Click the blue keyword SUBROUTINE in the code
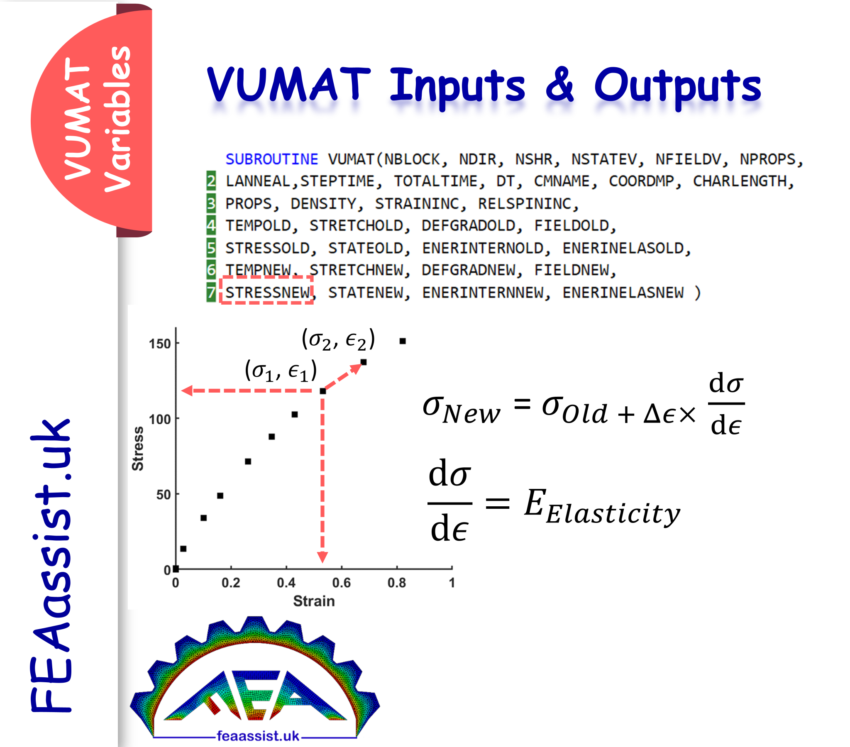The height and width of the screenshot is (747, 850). (271, 159)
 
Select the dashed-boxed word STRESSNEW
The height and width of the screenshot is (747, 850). (267, 293)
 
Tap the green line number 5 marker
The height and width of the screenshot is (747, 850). (211, 248)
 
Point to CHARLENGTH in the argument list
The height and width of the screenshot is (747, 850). (743, 181)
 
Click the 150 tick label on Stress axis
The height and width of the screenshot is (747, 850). (160, 344)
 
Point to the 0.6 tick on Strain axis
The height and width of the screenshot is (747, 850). (341, 583)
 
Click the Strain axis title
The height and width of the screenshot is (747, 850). (313, 601)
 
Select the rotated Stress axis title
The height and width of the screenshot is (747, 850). (138, 448)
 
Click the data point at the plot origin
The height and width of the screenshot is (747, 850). (176, 569)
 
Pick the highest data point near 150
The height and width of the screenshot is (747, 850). (402, 341)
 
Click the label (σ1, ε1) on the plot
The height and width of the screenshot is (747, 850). (281, 371)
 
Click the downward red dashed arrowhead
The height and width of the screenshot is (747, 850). (322, 557)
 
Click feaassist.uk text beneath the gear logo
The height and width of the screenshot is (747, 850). (257, 736)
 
